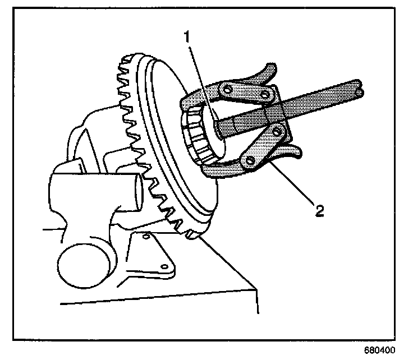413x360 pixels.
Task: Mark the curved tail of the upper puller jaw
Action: pyautogui.click(x=267, y=71)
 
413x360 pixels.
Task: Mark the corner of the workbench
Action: pyautogui.click(x=256, y=289)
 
